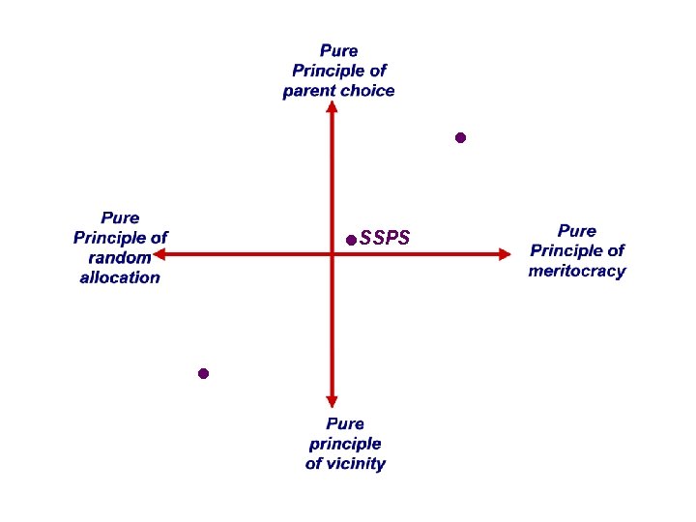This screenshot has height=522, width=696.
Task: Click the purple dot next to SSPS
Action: click(351, 239)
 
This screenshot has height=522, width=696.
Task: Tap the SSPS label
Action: click(385, 239)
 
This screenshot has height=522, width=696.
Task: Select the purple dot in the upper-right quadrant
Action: click(461, 138)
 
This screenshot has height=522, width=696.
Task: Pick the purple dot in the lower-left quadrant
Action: click(203, 373)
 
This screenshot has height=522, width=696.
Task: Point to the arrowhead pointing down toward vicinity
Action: click(332, 399)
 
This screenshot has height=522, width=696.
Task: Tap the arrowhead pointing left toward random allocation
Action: click(159, 254)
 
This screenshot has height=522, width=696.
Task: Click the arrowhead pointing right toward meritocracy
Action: click(504, 254)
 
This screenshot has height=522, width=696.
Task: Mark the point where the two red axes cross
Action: click(332, 254)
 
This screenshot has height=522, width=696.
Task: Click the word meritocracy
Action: click(577, 271)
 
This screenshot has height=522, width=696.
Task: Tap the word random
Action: click(120, 257)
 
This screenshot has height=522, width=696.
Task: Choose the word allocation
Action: click(120, 277)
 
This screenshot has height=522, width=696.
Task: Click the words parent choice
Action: click(338, 91)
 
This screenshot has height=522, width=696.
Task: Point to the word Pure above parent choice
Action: click(339, 49)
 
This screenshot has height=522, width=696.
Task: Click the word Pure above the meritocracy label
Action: click(577, 230)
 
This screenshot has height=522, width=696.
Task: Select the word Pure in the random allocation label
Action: click(120, 217)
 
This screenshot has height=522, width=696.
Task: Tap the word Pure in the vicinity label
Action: click(345, 423)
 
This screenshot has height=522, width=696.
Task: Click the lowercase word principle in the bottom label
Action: click(345, 444)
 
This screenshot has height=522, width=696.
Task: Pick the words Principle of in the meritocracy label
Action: click(577, 250)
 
